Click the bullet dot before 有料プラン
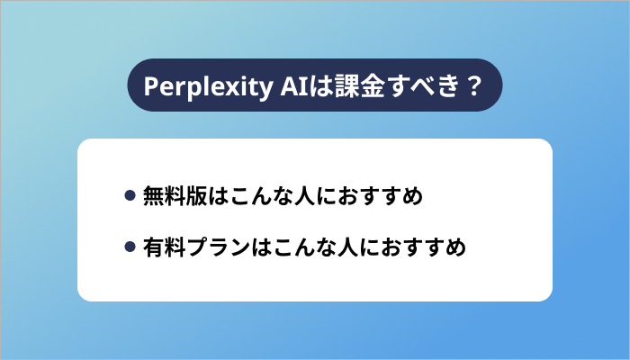130,246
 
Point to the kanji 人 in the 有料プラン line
348,246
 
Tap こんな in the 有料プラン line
303,246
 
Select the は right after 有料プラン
262,246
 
